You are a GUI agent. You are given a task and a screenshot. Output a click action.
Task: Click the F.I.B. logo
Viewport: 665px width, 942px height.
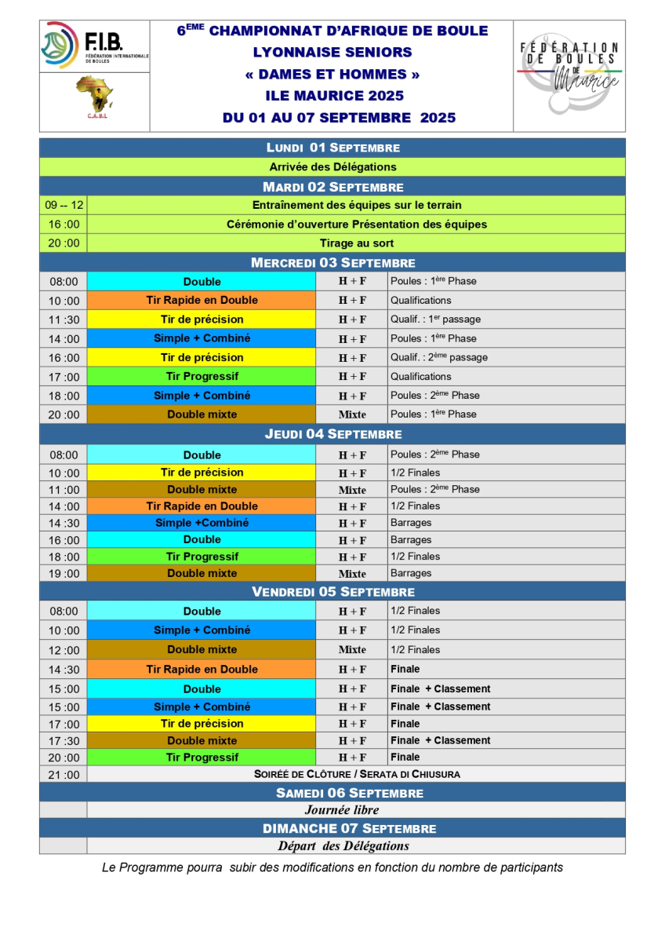pyautogui.click(x=94, y=46)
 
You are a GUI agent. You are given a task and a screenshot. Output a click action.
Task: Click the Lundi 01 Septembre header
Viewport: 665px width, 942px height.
pyautogui.click(x=332, y=148)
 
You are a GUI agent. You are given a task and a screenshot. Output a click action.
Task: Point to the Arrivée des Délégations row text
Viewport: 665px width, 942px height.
pyautogui.click(x=332, y=166)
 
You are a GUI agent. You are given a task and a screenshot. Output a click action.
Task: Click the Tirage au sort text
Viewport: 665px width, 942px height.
pyautogui.click(x=356, y=243)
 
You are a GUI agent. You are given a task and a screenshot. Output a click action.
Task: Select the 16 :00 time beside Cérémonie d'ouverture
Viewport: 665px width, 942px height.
pyautogui.click(x=63, y=225)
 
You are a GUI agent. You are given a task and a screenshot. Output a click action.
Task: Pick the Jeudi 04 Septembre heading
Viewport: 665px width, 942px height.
pyautogui.click(x=332, y=434)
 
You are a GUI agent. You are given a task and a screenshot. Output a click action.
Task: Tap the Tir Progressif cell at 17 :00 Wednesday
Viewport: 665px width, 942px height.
pyautogui.click(x=202, y=377)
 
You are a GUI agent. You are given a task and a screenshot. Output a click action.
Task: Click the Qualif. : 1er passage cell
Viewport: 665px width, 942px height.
pyautogui.click(x=435, y=319)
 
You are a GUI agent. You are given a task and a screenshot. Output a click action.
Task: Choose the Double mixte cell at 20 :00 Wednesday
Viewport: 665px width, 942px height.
pyautogui.click(x=202, y=414)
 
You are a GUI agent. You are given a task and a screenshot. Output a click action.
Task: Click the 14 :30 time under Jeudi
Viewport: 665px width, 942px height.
pyautogui.click(x=63, y=524)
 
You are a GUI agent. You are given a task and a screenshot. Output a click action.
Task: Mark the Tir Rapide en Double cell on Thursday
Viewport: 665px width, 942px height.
pyautogui.click(x=202, y=506)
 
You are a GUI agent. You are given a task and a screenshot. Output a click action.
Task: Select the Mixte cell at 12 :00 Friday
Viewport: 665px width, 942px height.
pyautogui.click(x=352, y=650)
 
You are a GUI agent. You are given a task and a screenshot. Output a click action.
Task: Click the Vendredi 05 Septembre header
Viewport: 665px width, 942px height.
pyautogui.click(x=332, y=592)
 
